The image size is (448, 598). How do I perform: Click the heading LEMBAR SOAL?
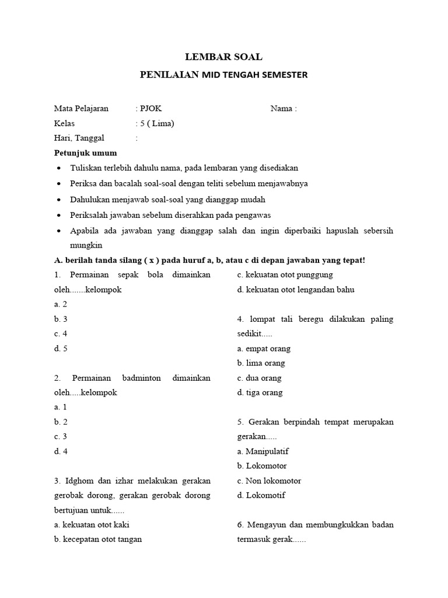(x=224, y=57)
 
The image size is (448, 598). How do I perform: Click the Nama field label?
(x=283, y=109)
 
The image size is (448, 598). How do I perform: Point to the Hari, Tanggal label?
(x=79, y=138)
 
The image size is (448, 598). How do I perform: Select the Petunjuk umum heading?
(x=85, y=153)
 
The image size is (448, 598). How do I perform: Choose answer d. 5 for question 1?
(x=61, y=349)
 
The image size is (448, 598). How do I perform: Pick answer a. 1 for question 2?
(x=61, y=407)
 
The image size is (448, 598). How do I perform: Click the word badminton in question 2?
(x=141, y=378)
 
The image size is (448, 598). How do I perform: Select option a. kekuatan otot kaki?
(x=92, y=524)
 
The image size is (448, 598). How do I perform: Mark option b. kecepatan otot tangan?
(x=98, y=539)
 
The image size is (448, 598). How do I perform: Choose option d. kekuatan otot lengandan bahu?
(x=296, y=289)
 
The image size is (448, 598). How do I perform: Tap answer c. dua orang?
(x=260, y=378)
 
